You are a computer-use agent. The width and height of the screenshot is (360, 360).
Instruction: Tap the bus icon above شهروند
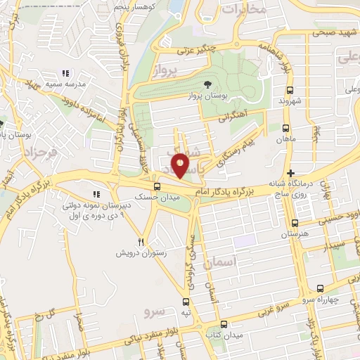290,90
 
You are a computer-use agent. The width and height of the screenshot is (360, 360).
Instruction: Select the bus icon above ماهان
285,129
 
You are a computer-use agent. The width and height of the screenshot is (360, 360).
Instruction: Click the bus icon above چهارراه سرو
321,288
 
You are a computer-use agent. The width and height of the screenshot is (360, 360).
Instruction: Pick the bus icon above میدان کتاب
224,324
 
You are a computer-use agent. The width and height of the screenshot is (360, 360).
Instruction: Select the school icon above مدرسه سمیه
65,72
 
